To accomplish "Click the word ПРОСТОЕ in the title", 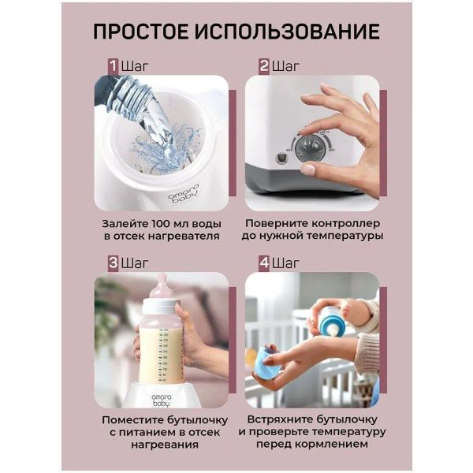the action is coord(141,32).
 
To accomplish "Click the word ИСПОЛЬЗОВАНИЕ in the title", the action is coord(287,32).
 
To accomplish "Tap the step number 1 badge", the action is coord(114,66).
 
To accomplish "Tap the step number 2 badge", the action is coord(264,66).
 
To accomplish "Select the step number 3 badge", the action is coord(114,263).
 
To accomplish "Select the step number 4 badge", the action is coord(264,263).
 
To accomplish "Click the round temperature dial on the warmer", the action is coord(311,149).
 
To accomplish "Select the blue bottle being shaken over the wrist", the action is coord(331,322).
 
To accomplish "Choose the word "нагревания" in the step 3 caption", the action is coord(165,445).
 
